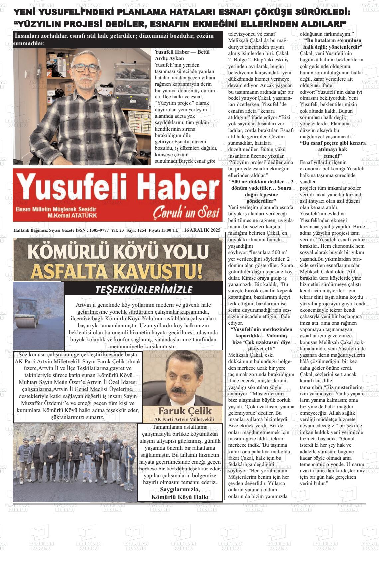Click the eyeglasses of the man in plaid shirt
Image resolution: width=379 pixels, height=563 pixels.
pos(86,68)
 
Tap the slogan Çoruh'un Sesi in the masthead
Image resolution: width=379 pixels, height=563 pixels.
pos(186,212)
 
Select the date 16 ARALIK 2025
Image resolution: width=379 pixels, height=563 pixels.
pos(202,230)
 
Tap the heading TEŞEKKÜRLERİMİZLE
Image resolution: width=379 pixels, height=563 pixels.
pos(144,289)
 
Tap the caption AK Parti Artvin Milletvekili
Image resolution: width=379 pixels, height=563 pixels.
pos(184,419)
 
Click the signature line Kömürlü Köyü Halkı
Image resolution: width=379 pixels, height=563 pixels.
pos(180,497)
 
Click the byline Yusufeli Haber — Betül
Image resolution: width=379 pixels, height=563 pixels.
pos(182,52)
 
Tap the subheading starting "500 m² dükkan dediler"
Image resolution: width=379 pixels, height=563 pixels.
pos(261,182)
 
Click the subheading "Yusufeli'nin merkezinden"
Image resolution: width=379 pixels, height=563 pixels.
pos(261,329)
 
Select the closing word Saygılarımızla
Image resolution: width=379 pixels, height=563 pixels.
pos(180,489)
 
